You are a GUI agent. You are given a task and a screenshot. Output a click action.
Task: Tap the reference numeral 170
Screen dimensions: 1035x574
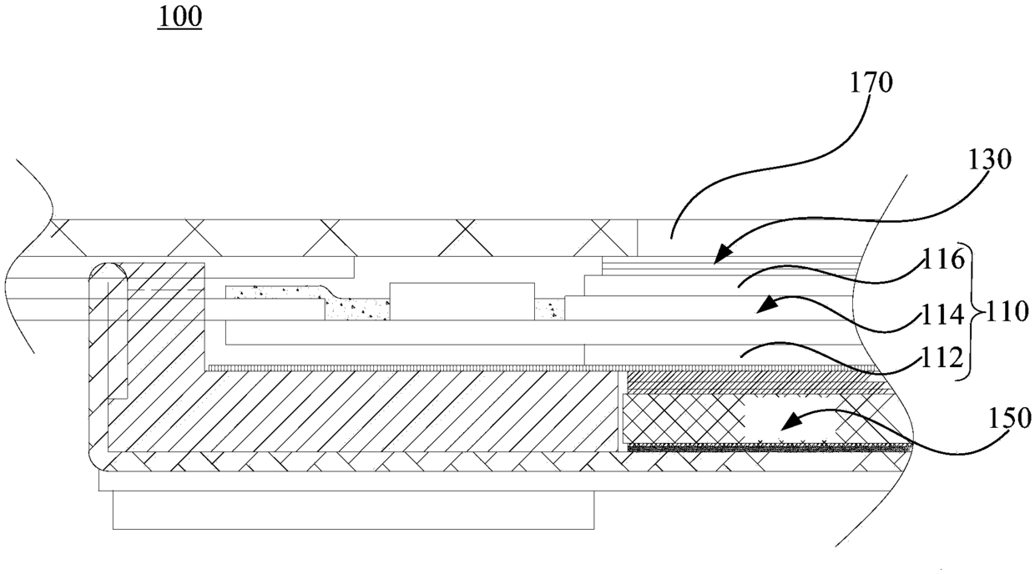[x=869, y=83]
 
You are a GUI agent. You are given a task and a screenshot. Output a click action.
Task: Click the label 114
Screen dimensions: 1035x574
[x=946, y=315]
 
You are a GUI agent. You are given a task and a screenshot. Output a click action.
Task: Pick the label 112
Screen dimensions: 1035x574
[x=946, y=360]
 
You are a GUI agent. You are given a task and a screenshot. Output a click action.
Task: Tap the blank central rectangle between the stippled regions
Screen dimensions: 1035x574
[x=462, y=301]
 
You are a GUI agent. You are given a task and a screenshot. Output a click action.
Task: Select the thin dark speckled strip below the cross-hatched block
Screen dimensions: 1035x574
[x=768, y=448]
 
